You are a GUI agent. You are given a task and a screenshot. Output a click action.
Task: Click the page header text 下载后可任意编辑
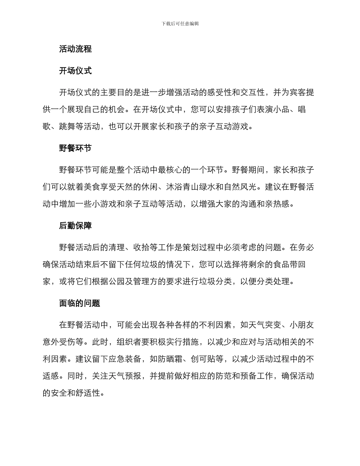pos(180,23)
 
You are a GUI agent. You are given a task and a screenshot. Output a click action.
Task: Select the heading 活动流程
pos(75,49)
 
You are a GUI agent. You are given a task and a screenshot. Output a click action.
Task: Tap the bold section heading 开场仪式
pos(75,71)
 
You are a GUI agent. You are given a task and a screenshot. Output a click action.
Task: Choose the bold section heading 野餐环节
pos(75,148)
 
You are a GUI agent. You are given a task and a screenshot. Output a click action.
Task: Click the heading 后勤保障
pos(75,226)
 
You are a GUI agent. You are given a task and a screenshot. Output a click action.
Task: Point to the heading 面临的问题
pos(80,303)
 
